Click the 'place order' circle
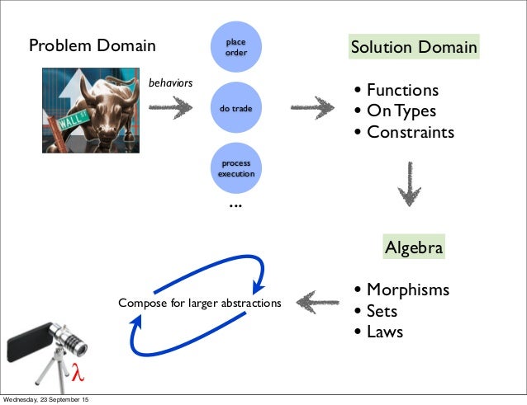tap(235, 47)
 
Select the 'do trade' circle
tap(235, 108)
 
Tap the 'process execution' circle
tap(235, 169)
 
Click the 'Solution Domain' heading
tap(413, 47)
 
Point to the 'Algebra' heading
tap(414, 247)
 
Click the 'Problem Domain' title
tap(92, 46)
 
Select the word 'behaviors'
tap(170, 83)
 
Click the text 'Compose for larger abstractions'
tap(199, 303)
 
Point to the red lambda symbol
tap(79, 372)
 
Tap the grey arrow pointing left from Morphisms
tap(317, 302)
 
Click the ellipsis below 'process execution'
tap(235, 205)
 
